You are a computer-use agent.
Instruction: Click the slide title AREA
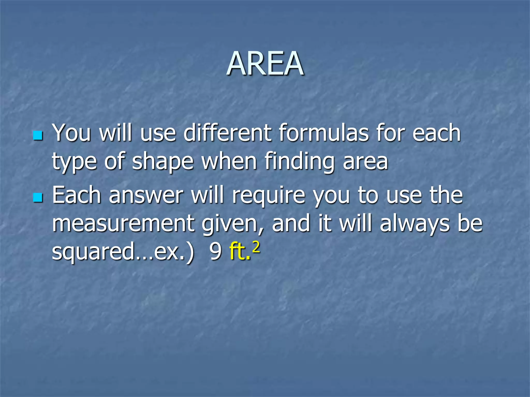tap(265, 64)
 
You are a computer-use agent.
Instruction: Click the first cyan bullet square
tap(38, 135)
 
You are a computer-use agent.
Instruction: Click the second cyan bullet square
tap(38, 197)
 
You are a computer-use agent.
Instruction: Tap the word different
tap(227, 133)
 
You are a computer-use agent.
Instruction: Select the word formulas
tap(323, 133)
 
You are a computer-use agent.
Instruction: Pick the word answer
tap(146, 196)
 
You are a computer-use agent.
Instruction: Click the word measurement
tap(123, 223)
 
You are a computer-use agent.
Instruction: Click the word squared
tap(93, 252)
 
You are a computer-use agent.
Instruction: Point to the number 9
tap(215, 252)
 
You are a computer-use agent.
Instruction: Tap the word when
tap(229, 161)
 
